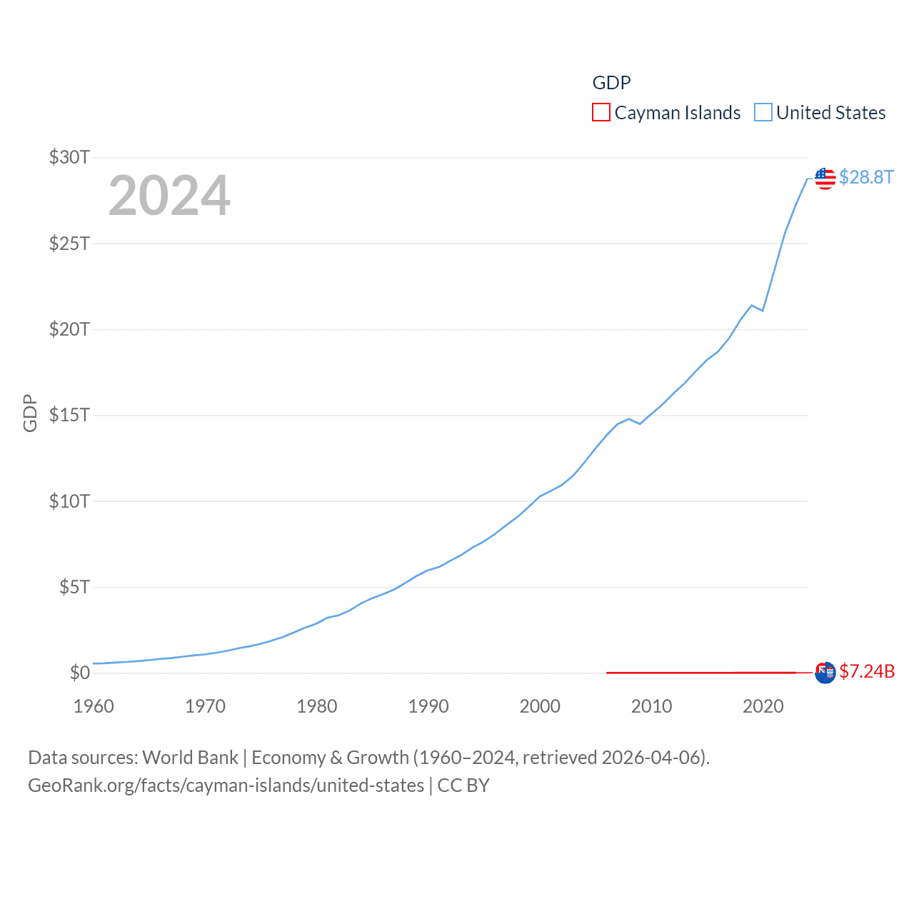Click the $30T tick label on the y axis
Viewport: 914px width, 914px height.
[x=69, y=157]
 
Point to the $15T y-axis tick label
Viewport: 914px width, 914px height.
[x=69, y=415]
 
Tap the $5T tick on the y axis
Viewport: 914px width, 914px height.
[x=74, y=587]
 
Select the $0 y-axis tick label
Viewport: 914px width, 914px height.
[x=79, y=673]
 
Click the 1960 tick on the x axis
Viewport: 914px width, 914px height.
[x=94, y=706]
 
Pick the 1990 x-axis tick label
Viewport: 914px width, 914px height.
[x=428, y=706]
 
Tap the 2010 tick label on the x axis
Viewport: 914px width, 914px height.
[x=651, y=706]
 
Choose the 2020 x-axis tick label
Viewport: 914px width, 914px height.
[x=763, y=706]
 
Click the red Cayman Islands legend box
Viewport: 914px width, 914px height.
[x=601, y=113]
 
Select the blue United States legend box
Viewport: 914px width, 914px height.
[x=763, y=113]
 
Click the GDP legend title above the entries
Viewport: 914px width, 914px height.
[x=611, y=83]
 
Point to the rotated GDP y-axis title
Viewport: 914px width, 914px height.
[x=30, y=413]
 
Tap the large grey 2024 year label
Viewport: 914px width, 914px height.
[x=169, y=196]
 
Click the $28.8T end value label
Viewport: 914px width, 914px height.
[x=866, y=177]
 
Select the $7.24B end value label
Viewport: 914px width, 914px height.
[x=867, y=671]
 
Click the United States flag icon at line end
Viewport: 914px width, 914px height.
[x=825, y=179]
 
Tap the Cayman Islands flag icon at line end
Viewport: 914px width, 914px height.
[x=825, y=673]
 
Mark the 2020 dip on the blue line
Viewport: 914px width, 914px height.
[x=763, y=311]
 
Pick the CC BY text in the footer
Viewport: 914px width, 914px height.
[x=463, y=785]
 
